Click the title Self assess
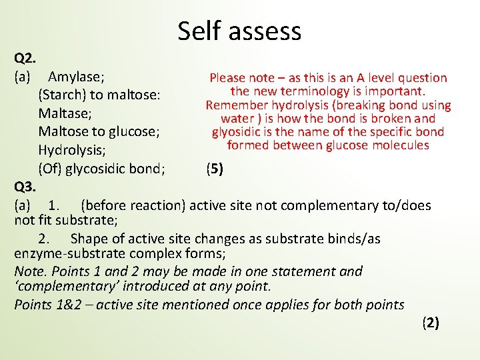239,31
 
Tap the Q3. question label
25,187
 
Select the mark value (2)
431,323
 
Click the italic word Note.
30,271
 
